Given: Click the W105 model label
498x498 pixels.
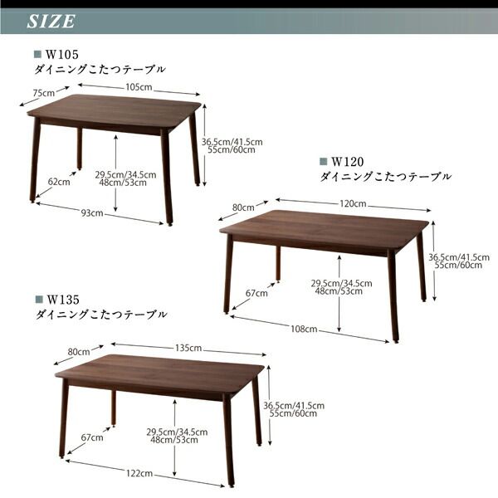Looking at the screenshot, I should (62, 56).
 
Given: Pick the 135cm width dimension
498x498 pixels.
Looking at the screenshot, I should (189, 348).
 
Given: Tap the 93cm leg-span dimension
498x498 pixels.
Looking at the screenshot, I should (91, 212).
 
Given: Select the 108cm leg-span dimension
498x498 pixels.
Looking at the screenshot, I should (305, 330).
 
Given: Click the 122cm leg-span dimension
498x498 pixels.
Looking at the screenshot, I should (139, 473).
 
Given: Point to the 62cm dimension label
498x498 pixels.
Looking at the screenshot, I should (58, 181).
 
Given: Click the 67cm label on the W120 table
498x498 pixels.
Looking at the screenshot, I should (256, 293).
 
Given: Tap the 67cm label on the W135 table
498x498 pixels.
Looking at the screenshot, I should (90, 437).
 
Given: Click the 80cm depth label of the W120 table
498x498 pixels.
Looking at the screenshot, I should (243, 207).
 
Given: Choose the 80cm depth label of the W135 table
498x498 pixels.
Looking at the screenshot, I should (79, 352).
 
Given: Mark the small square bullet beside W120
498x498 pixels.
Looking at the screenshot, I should (323, 162).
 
